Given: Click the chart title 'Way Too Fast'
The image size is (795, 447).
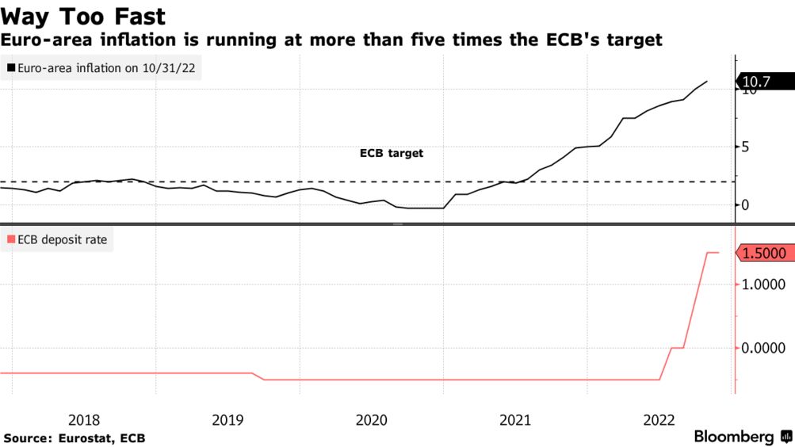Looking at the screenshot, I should (x=83, y=16).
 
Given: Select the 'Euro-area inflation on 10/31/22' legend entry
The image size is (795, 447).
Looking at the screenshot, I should (x=103, y=69).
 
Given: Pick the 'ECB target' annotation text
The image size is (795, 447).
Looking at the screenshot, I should (x=392, y=153).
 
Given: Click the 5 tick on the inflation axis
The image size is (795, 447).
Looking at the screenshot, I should (x=746, y=147).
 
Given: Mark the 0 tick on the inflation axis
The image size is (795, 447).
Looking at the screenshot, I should (x=746, y=205).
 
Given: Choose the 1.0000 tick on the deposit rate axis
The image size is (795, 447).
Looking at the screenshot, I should (x=763, y=285).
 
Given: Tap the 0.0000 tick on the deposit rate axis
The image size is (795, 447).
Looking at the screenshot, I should (x=763, y=348).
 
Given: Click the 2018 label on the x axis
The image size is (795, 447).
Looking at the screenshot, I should (x=84, y=419).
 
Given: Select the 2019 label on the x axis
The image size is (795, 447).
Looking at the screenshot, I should (x=227, y=419).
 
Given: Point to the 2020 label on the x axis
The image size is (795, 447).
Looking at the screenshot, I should (x=372, y=419).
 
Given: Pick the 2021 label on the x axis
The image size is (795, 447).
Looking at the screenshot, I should (x=516, y=419).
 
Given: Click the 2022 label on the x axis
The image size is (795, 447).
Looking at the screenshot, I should (x=659, y=419).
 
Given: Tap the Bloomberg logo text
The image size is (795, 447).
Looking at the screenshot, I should (x=735, y=437).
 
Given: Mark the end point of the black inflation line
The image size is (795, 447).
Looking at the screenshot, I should (x=707, y=81).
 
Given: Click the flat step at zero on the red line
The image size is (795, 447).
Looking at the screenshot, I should (x=678, y=348).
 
